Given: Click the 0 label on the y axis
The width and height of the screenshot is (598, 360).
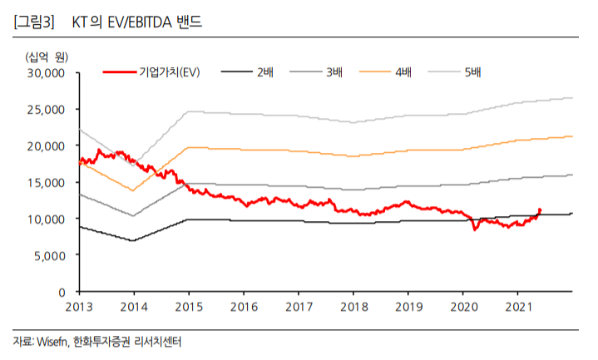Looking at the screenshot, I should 62,292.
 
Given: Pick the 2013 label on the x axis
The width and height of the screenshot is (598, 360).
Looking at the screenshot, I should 79,308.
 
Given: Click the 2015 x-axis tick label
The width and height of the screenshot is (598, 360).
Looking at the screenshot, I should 189,308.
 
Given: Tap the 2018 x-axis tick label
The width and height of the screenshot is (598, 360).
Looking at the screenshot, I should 353,308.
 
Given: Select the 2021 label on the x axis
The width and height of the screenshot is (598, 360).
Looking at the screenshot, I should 518,308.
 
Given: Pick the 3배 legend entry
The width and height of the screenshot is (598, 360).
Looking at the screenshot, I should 334,73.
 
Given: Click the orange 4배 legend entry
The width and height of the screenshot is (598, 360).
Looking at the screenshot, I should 403,73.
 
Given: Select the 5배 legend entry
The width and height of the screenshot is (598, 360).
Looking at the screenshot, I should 472,73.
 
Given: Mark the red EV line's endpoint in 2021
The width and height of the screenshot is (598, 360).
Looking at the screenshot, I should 540,210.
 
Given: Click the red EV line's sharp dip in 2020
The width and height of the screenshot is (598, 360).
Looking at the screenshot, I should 475,229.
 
